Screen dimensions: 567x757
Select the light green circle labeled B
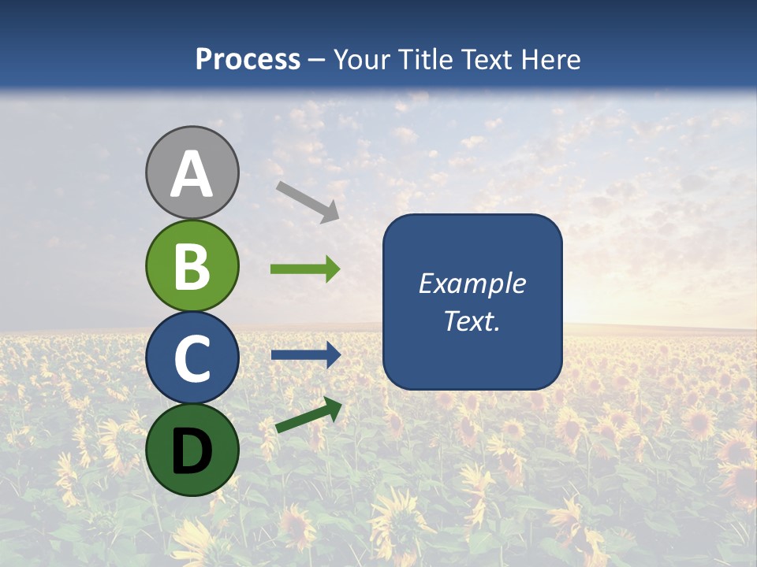pyautogui.click(x=192, y=265)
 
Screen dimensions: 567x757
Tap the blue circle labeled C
pyautogui.click(x=192, y=358)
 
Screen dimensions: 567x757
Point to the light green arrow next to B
pyautogui.click(x=305, y=269)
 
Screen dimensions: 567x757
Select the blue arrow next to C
pyautogui.click(x=305, y=355)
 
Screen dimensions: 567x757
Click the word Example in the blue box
pyautogui.click(x=472, y=283)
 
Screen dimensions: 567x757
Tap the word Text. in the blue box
pyautogui.click(x=472, y=321)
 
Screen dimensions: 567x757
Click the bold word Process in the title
pyautogui.click(x=248, y=59)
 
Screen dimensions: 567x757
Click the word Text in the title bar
pyautogui.click(x=487, y=59)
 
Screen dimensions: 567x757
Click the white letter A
pyautogui.click(x=192, y=175)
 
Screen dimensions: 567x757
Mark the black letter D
pyautogui.click(x=192, y=450)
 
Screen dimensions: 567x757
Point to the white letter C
pyautogui.click(x=192, y=358)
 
